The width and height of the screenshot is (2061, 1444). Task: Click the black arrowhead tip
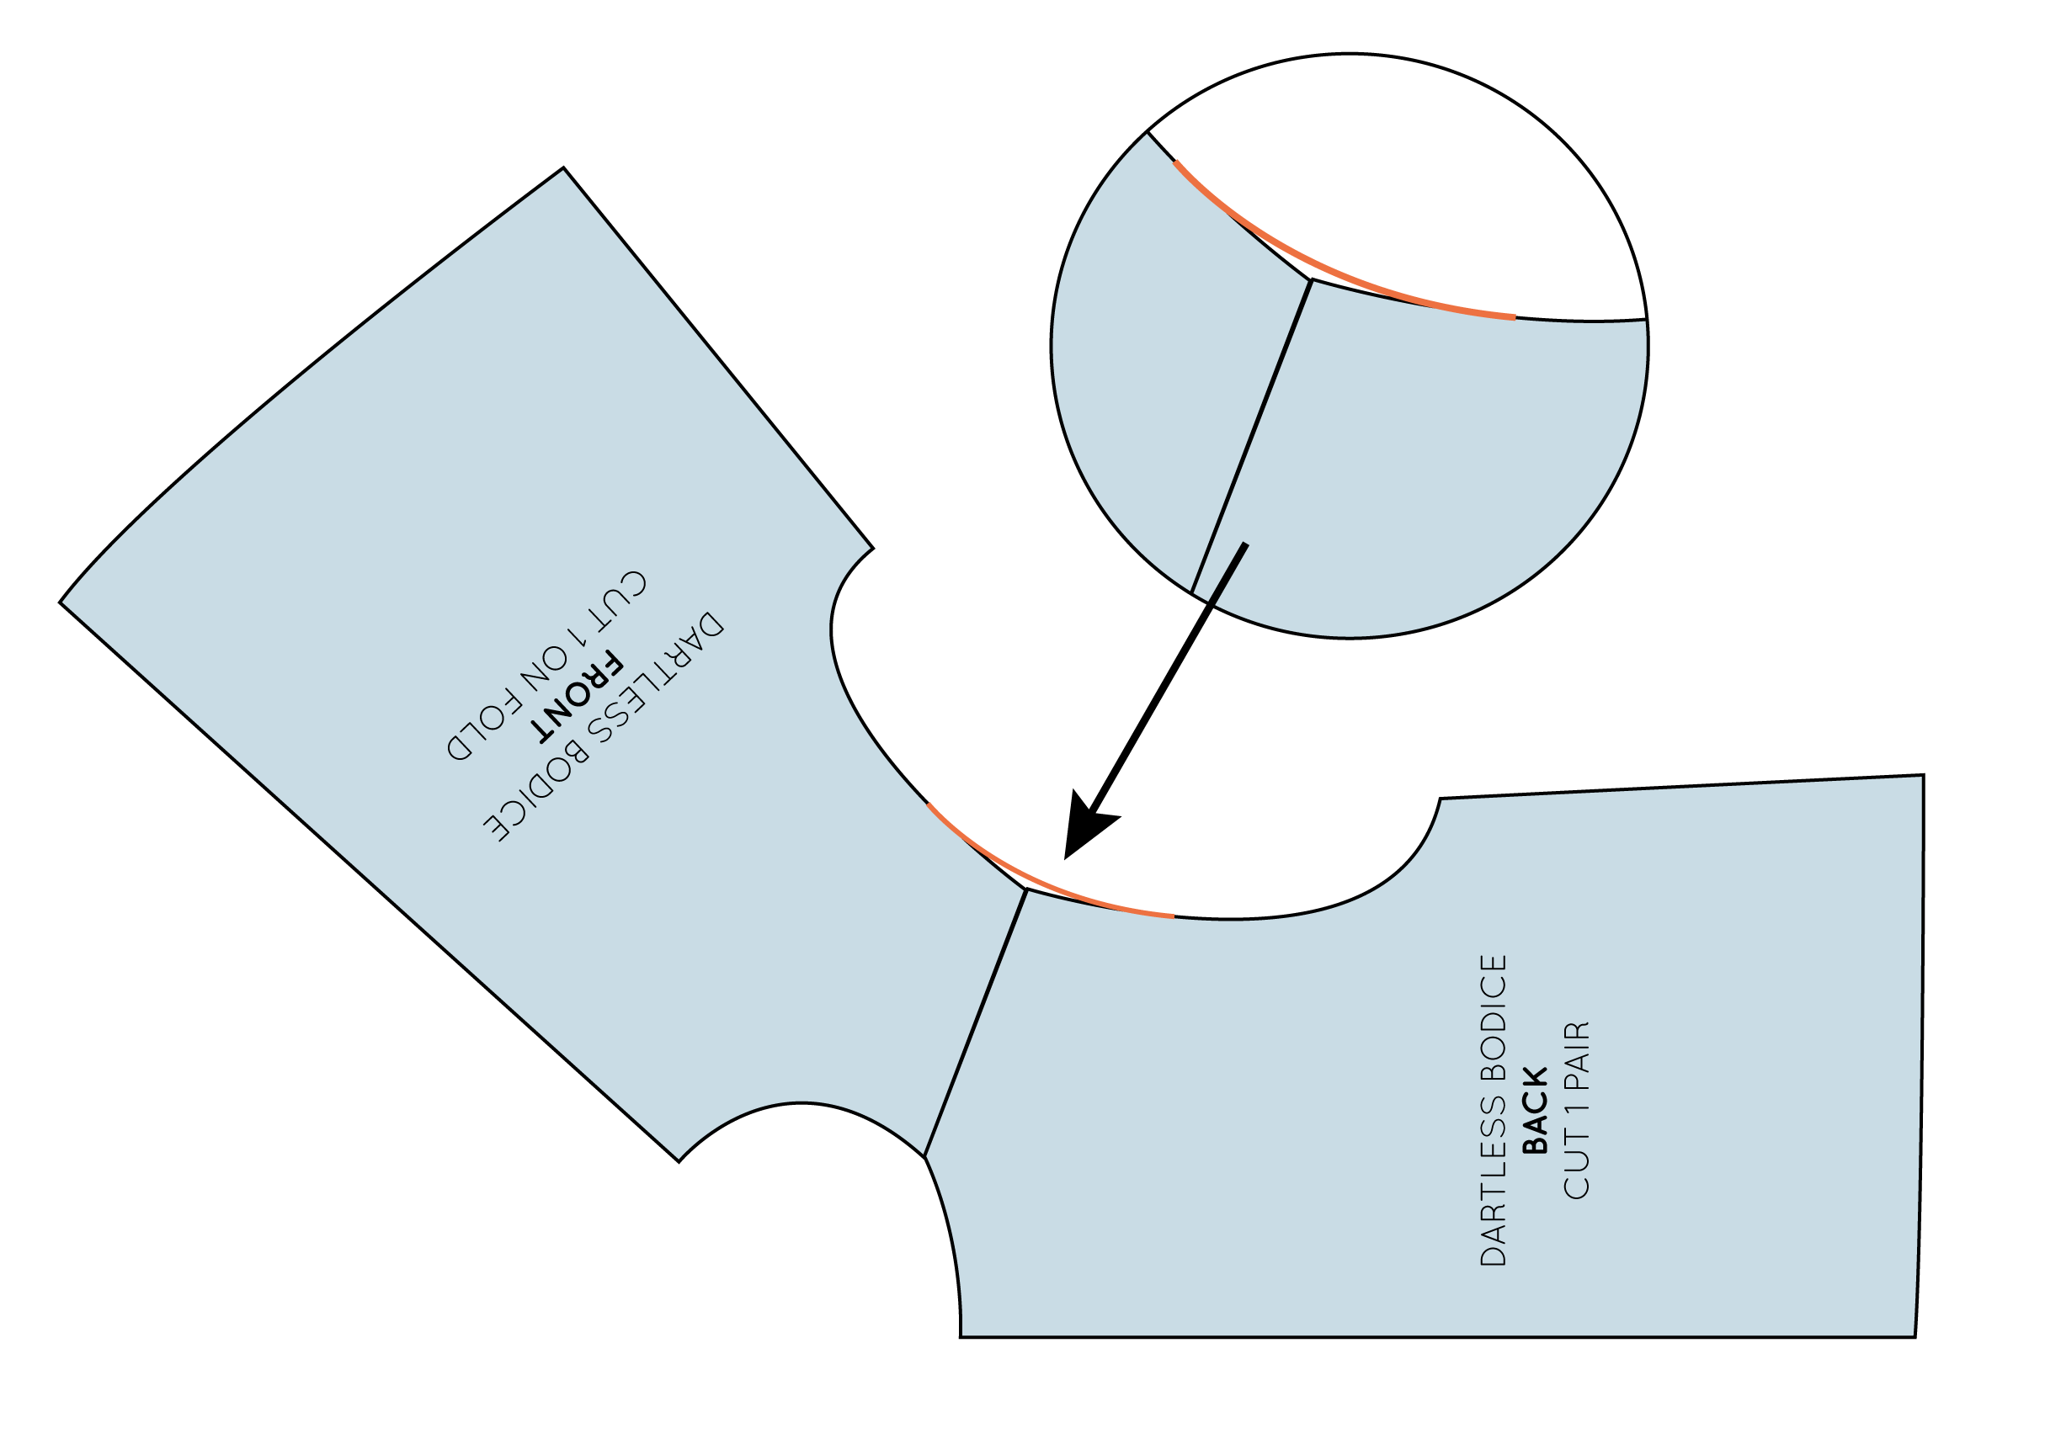1066,858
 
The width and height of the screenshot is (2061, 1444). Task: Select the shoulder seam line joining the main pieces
976,1023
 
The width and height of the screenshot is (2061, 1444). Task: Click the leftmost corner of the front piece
60,603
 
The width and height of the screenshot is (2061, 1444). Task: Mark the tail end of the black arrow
1245,544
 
